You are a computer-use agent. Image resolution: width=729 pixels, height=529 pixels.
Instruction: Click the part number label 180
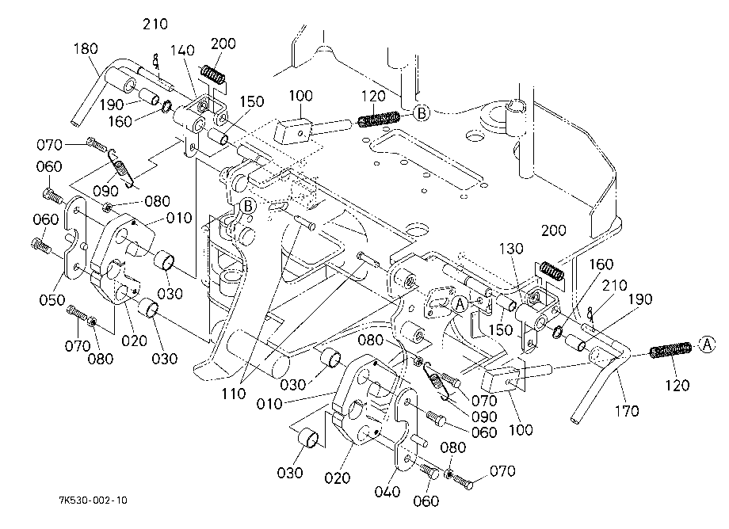coord(86,48)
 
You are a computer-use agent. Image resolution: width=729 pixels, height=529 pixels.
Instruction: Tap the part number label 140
coord(182,50)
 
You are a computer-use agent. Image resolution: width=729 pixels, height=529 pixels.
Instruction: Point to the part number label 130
coord(511,249)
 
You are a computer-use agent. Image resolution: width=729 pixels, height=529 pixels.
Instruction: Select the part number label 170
coord(627,410)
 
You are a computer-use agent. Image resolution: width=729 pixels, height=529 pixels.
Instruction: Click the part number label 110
coord(234,394)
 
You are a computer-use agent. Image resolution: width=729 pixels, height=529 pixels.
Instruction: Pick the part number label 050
coord(52,299)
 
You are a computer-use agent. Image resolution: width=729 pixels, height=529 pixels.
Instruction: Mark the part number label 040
coord(387,491)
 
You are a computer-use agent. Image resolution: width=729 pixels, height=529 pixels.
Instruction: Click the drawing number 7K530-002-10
coord(93,500)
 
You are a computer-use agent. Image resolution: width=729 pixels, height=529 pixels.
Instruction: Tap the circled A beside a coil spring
coord(707,345)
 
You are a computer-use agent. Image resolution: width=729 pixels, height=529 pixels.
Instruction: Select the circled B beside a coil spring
coord(422,113)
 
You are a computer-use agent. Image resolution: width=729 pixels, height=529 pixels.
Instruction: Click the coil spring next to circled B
coord(379,119)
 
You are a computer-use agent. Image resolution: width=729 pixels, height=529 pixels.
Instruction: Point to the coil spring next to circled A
coord(670,350)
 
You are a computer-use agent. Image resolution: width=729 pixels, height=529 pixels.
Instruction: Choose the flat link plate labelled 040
coord(406,428)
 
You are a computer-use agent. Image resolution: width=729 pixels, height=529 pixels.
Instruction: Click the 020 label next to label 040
coord(337,478)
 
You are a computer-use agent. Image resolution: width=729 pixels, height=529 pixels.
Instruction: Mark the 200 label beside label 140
coord(223,44)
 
